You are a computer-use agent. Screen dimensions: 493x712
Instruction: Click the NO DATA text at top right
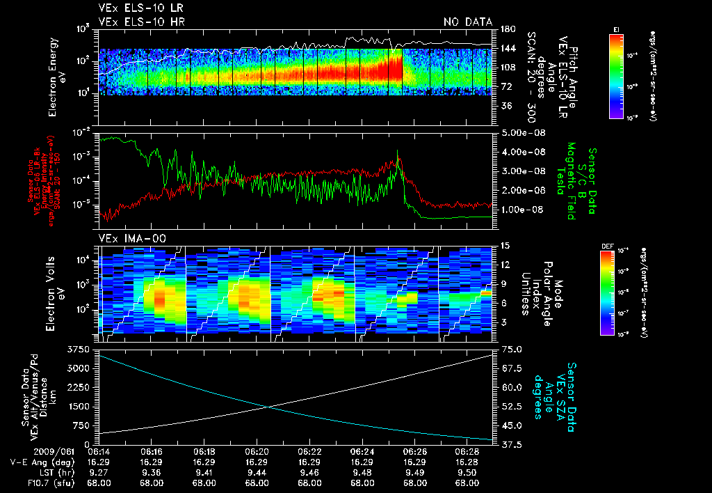(x=467, y=22)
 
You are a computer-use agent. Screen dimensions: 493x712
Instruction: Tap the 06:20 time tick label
(x=257, y=451)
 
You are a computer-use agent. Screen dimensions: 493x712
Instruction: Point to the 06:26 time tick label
(x=415, y=451)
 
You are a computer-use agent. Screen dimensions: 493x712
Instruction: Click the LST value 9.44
(x=257, y=471)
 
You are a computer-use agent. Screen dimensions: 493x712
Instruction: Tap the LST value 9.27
(x=99, y=471)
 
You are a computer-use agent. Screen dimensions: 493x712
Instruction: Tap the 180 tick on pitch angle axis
(x=507, y=29)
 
